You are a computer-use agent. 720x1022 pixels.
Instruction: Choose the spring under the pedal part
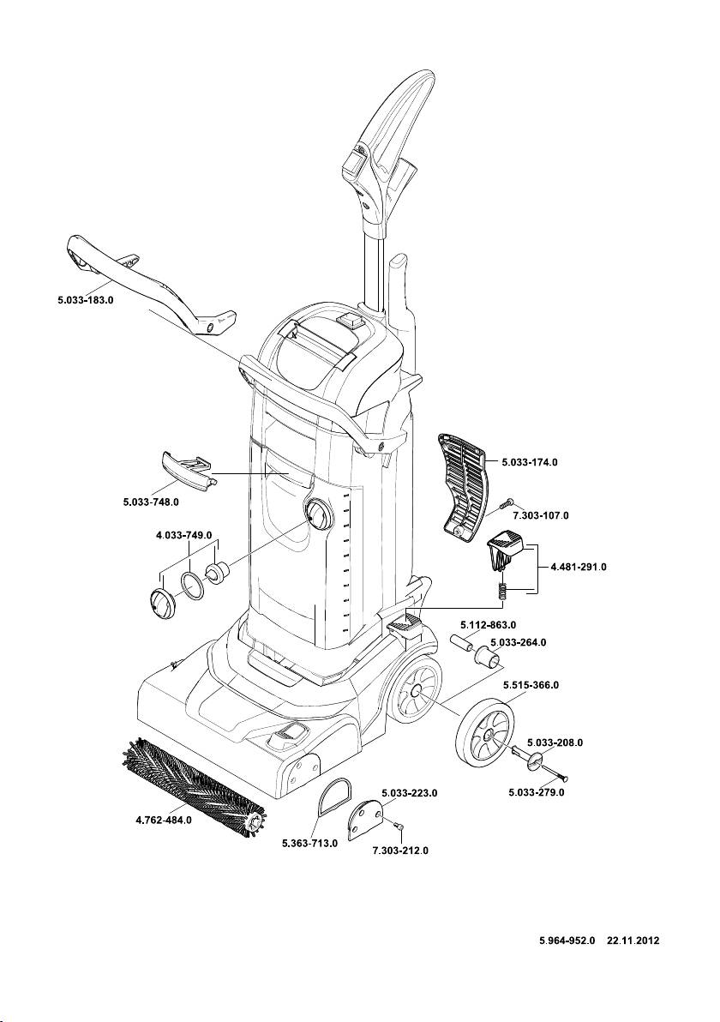[503, 591]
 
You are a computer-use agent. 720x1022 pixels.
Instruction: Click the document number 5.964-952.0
[567, 940]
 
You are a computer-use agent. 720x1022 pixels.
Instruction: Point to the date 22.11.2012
[633, 940]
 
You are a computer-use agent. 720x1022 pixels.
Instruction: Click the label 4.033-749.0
[183, 534]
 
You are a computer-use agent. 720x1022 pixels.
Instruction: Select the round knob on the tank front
[317, 515]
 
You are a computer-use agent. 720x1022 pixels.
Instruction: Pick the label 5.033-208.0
[555, 742]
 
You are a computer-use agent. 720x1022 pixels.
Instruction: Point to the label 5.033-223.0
[410, 793]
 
